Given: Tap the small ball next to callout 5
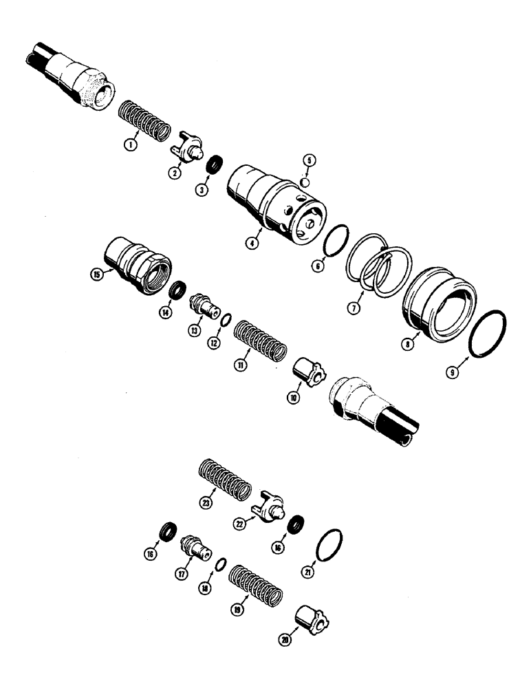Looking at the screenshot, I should click(x=306, y=184).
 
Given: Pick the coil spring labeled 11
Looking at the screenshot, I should click(x=260, y=334).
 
